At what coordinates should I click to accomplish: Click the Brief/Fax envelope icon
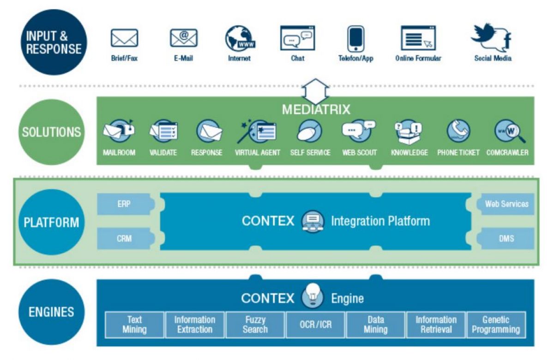tap(124, 38)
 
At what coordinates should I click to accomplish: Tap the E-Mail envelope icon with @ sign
tap(183, 38)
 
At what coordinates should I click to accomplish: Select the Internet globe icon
tap(239, 38)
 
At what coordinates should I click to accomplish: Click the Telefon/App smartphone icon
tap(355, 39)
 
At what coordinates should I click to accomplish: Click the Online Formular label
tap(418, 59)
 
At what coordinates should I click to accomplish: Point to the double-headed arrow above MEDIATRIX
tap(315, 90)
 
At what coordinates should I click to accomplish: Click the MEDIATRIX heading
tap(316, 110)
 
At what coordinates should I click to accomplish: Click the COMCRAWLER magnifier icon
tap(508, 132)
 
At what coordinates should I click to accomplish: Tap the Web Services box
tap(506, 204)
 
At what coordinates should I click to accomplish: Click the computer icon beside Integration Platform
tap(313, 221)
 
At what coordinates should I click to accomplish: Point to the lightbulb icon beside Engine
tap(313, 296)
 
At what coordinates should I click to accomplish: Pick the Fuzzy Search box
tap(255, 325)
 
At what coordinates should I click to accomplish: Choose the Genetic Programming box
tap(496, 325)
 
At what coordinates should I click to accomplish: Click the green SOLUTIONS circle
tap(51, 132)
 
